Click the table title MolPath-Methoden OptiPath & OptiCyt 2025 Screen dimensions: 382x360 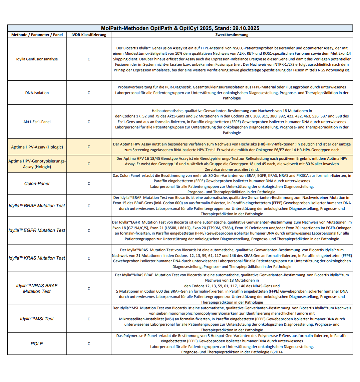pyautogui.click(x=180, y=28)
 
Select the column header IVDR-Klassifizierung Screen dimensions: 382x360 pyautogui.click(x=89, y=35)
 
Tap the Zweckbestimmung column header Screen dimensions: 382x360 pyautogui.click(x=232, y=35)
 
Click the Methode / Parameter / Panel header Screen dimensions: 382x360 pyautogui.click(x=37, y=35)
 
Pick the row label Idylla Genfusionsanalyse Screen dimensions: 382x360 pyautogui.click(x=37, y=59)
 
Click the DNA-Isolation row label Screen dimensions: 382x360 pyautogui.click(x=37, y=93)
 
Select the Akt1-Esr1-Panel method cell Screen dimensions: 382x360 pyautogui.click(x=37, y=122)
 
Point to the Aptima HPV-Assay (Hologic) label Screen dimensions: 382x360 pyautogui.click(x=37, y=147)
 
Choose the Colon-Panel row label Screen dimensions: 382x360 pyautogui.click(x=37, y=183)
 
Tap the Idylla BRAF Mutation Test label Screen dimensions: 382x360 pyautogui.click(x=37, y=206)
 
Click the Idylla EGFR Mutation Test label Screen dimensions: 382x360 pyautogui.click(x=37, y=231)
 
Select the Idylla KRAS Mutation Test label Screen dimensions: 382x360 pyautogui.click(x=37, y=258)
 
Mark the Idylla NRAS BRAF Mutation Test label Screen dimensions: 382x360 pyautogui.click(x=37, y=289)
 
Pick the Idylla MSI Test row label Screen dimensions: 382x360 pyautogui.click(x=37, y=319)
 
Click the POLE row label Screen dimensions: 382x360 pyautogui.click(x=37, y=344)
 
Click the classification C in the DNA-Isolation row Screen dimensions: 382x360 pyautogui.click(x=89, y=93)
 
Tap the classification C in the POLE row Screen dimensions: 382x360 pyautogui.click(x=89, y=344)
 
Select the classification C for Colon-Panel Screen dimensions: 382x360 pyautogui.click(x=89, y=183)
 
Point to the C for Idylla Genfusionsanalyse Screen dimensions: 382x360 pyautogui.click(x=89, y=59)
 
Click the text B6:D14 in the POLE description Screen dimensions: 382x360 pyautogui.click(x=276, y=352)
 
